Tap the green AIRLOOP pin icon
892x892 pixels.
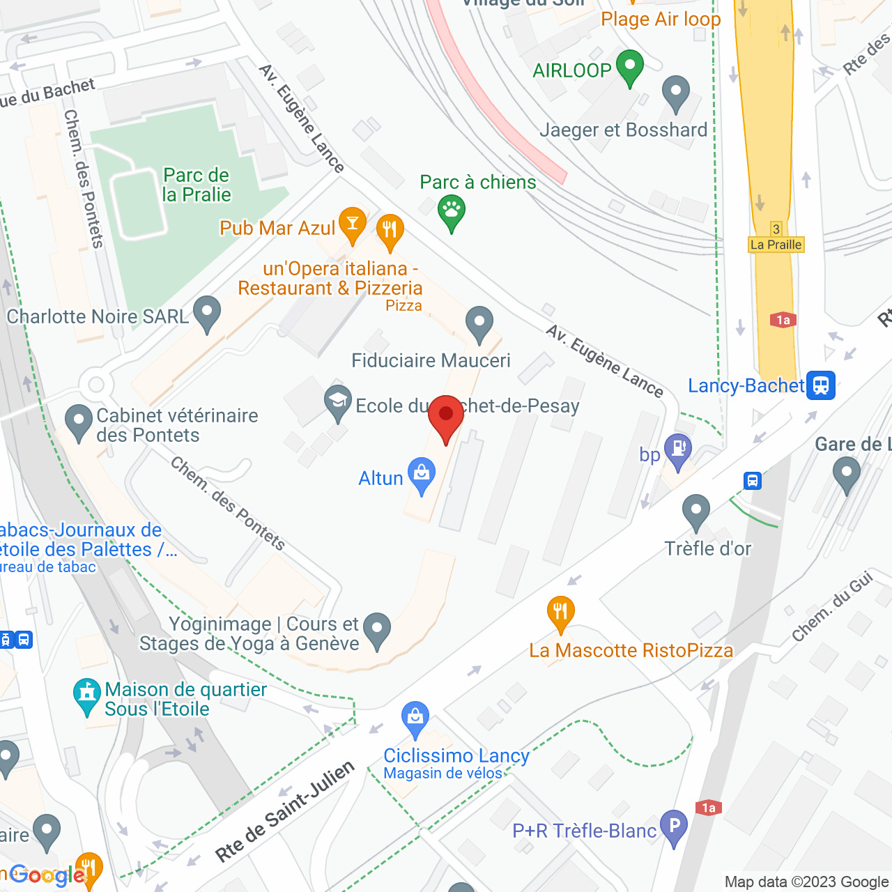click(x=630, y=68)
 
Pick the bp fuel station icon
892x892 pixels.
click(x=677, y=450)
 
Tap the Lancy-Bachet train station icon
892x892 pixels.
click(x=821, y=385)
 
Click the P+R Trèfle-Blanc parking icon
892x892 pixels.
click(x=674, y=827)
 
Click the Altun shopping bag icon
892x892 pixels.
click(x=422, y=474)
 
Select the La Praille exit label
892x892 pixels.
click(x=776, y=245)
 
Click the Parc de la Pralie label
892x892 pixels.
click(x=196, y=185)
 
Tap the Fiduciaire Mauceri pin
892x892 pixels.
click(x=479, y=323)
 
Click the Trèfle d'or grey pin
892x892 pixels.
click(x=695, y=512)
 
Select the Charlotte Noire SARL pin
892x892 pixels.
click(x=207, y=313)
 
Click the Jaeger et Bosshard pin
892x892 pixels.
click(x=675, y=92)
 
